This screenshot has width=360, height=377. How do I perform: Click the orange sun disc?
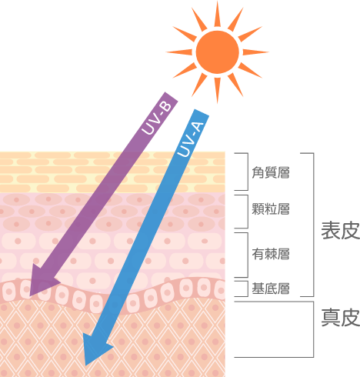(218, 52)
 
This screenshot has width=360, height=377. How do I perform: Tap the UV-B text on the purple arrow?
(157, 118)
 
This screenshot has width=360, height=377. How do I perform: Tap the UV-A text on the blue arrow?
(191, 139)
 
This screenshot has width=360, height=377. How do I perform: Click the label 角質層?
(271, 172)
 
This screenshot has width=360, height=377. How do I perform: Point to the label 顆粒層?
(271, 209)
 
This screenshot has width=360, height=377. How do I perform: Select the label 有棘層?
(271, 254)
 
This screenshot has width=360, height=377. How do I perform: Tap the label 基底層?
(271, 289)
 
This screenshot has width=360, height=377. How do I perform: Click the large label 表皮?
(341, 231)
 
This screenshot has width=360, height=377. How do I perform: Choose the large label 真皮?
(341, 318)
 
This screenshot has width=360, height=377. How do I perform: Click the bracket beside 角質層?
(248, 172)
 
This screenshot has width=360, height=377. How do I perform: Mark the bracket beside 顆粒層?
(248, 212)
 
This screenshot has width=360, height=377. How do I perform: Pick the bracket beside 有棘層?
(248, 255)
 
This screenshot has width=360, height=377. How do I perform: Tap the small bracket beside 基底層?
(248, 289)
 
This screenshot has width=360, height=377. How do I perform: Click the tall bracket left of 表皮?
(313, 225)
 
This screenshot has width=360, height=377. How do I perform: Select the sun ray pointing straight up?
(218, 14)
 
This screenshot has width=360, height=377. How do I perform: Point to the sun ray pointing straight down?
(218, 90)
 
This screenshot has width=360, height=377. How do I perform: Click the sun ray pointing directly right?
(255, 52)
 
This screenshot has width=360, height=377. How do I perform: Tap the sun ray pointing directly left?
(179, 52)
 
